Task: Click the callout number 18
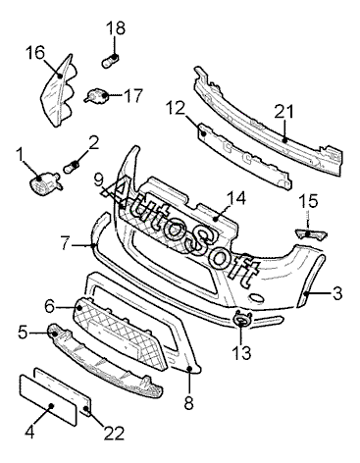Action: (116, 28)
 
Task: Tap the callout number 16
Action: (35, 52)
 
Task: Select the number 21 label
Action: (283, 112)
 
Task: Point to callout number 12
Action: (176, 108)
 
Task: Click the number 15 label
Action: (308, 201)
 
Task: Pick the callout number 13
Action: (241, 353)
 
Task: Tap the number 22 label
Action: (115, 434)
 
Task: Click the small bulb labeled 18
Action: (110, 62)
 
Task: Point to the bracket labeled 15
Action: (311, 233)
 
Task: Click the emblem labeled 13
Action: (242, 319)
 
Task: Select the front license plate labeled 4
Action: (48, 400)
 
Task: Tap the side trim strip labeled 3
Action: (311, 281)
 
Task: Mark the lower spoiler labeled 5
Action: (105, 360)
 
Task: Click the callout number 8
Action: (188, 403)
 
